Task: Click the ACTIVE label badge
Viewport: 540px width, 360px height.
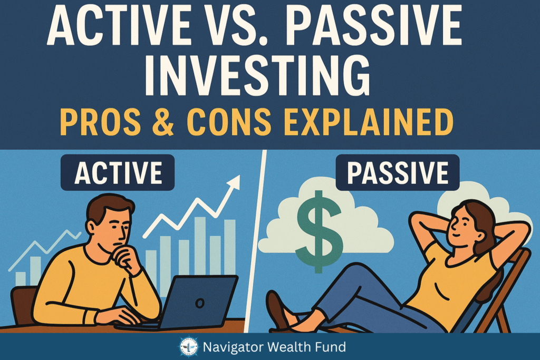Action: [x=118, y=172]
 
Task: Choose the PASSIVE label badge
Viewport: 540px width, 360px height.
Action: [x=398, y=172]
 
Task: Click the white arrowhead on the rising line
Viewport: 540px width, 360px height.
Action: [x=234, y=182]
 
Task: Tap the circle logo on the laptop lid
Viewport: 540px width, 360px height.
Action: [x=200, y=303]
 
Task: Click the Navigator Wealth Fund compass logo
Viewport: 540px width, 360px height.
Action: [x=189, y=347]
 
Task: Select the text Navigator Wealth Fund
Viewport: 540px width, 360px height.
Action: [x=274, y=347]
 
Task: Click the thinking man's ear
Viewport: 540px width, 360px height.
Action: [x=91, y=227]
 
